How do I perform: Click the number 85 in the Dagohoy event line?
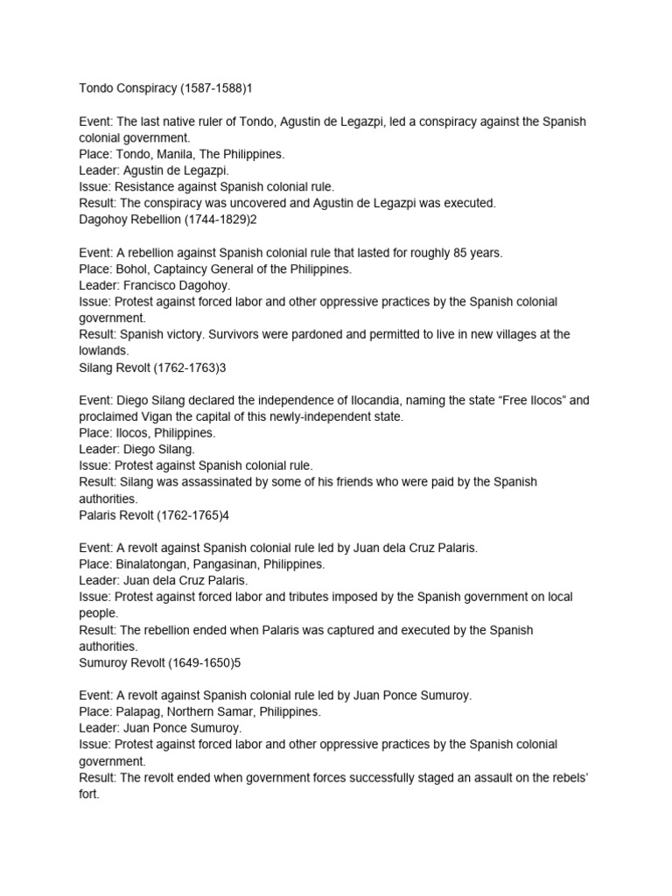coord(462,253)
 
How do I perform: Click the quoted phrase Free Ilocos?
coord(507,401)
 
